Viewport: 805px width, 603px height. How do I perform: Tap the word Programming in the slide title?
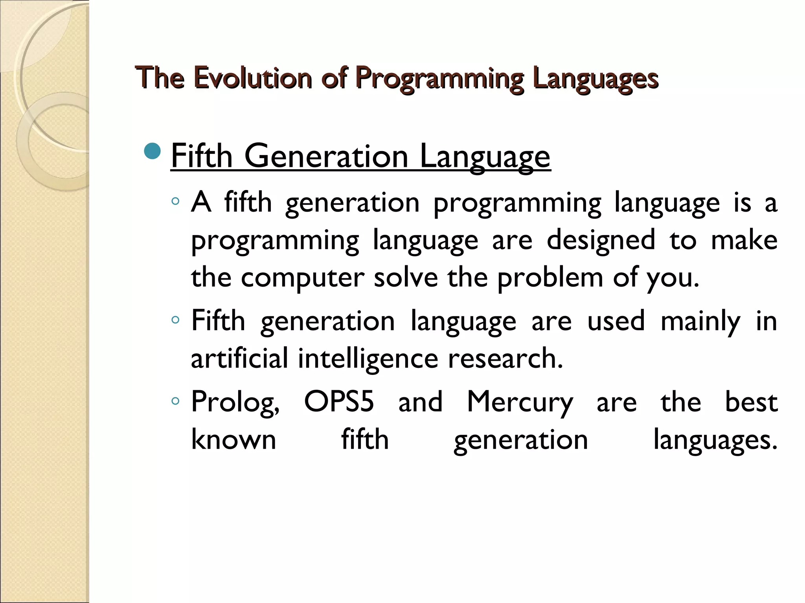(439, 79)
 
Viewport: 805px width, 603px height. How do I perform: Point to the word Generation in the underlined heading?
(326, 156)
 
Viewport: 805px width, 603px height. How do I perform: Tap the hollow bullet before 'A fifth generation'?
(175, 202)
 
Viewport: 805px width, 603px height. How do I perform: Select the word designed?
(601, 240)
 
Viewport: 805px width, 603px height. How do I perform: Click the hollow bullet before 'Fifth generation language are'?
(175, 320)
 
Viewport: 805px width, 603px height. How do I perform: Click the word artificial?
(239, 358)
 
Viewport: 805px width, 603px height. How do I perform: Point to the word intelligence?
(368, 359)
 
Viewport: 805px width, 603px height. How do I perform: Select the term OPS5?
(339, 401)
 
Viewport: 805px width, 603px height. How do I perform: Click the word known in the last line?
(233, 439)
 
